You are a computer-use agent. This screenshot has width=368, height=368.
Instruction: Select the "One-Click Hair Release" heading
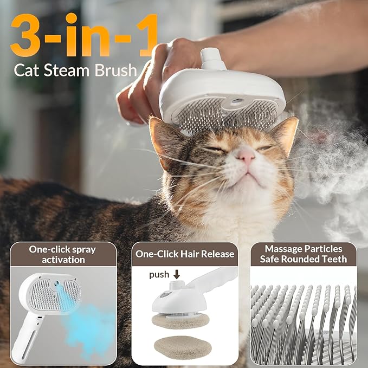click(x=185, y=254)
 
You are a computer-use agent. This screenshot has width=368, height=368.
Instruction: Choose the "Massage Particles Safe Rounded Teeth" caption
click(x=303, y=254)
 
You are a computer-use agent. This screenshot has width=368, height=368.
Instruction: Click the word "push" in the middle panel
click(x=159, y=275)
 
